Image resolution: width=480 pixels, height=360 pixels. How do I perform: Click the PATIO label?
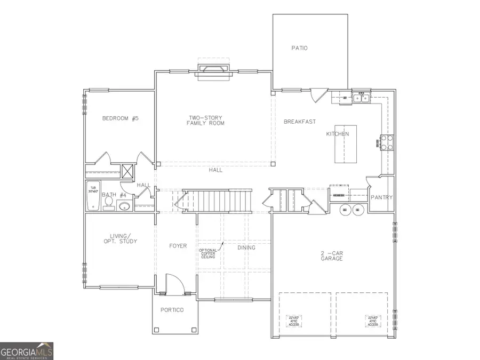(299, 48)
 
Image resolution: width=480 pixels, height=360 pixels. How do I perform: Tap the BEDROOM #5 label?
(120, 118)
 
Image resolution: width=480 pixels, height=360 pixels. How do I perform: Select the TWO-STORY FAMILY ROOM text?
(205, 120)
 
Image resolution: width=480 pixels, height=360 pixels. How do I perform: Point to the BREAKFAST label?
(300, 122)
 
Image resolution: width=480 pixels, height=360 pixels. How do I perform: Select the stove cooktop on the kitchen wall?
(386, 141)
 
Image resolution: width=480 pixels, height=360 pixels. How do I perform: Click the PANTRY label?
(381, 197)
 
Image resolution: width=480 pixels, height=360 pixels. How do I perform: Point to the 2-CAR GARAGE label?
(331, 255)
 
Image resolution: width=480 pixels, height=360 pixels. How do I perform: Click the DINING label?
(246, 247)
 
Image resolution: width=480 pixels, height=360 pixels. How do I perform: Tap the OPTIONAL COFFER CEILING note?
(207, 253)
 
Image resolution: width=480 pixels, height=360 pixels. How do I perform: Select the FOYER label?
(178, 246)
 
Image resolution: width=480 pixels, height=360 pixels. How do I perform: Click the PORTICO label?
(174, 310)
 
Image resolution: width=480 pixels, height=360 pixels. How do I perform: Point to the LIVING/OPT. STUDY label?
(120, 238)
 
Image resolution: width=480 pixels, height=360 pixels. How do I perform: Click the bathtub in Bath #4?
(93, 196)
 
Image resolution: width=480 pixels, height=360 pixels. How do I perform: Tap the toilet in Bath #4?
(109, 202)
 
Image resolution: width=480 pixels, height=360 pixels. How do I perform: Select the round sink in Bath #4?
(124, 206)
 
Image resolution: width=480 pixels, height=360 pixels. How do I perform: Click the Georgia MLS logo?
(27, 351)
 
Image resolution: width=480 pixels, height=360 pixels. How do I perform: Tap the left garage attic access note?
(294, 321)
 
